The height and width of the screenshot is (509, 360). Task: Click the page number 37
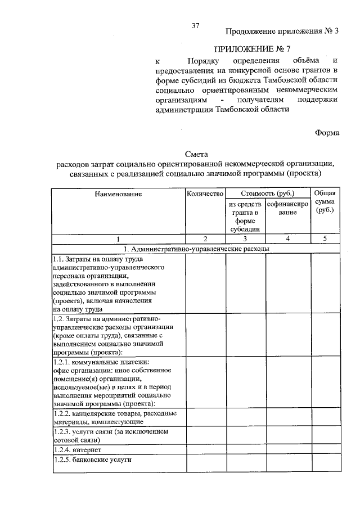click(x=196, y=26)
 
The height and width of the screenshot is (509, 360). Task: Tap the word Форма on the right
click(x=327, y=133)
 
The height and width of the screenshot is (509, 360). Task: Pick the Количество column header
click(x=205, y=194)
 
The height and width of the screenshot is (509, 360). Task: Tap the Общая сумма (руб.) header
click(x=325, y=201)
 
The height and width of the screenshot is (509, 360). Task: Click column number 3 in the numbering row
click(x=245, y=239)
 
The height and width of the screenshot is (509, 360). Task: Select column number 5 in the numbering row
click(x=325, y=239)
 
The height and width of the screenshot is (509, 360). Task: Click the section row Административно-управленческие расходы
click(x=196, y=248)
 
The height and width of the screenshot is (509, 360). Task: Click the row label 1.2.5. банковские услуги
click(x=92, y=460)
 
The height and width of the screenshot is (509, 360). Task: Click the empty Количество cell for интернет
click(x=205, y=450)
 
